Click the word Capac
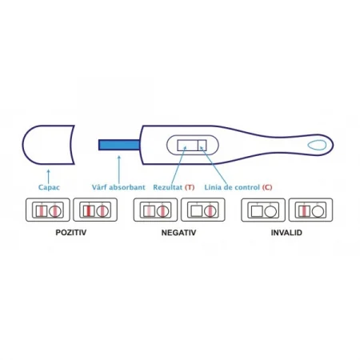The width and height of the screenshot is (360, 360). [49, 187]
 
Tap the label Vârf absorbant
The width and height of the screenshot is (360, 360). [118, 187]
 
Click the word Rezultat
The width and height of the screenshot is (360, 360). [167, 187]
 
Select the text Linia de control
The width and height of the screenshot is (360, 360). [232, 187]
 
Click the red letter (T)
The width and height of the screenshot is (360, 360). [190, 187]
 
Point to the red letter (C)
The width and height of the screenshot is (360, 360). [267, 187]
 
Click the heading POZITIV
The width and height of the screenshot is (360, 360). [71, 233]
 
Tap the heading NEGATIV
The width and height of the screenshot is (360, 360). [178, 233]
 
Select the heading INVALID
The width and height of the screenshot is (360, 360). [286, 233]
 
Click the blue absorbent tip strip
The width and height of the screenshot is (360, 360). [119, 145]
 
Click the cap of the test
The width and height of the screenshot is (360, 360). [48, 145]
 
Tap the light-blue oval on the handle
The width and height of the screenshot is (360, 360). [317, 145]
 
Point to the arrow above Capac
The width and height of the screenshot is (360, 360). [48, 176]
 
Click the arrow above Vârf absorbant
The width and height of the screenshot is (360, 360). [119, 170]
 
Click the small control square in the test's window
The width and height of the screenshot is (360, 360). [202, 145]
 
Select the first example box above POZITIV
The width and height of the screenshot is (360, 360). [48, 210]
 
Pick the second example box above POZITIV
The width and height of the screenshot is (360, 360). [95, 210]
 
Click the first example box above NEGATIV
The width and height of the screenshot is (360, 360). [155, 210]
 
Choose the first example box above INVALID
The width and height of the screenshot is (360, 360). [263, 210]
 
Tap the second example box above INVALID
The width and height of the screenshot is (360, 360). [311, 210]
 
